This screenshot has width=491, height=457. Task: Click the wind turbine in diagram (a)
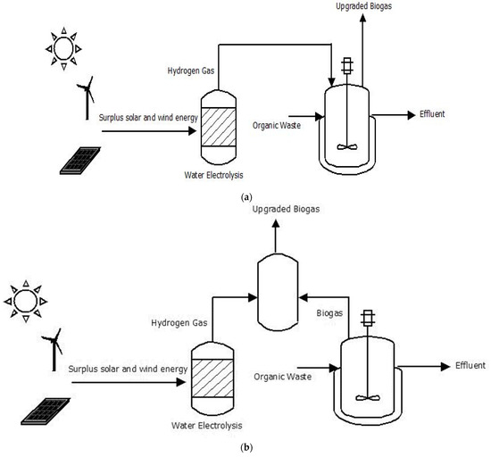click(87, 95)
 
